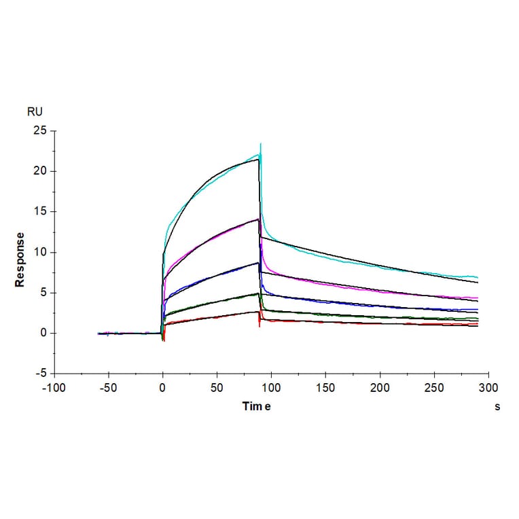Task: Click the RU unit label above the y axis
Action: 35,112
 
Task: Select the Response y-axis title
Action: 20,259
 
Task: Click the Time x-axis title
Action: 257,406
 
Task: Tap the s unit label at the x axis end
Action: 497,406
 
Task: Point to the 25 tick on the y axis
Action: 41,130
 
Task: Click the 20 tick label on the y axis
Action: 41,171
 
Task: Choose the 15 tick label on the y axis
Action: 41,211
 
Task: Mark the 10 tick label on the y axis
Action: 41,252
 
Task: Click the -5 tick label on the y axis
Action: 41,373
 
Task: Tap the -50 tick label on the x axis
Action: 108,387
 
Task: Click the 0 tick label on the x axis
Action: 162,387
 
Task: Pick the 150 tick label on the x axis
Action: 325,387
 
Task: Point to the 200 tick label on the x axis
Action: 380,387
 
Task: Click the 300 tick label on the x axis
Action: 488,387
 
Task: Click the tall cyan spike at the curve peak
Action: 260,145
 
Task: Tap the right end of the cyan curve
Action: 478,278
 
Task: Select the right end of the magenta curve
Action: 478,298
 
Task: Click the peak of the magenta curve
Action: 259,219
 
